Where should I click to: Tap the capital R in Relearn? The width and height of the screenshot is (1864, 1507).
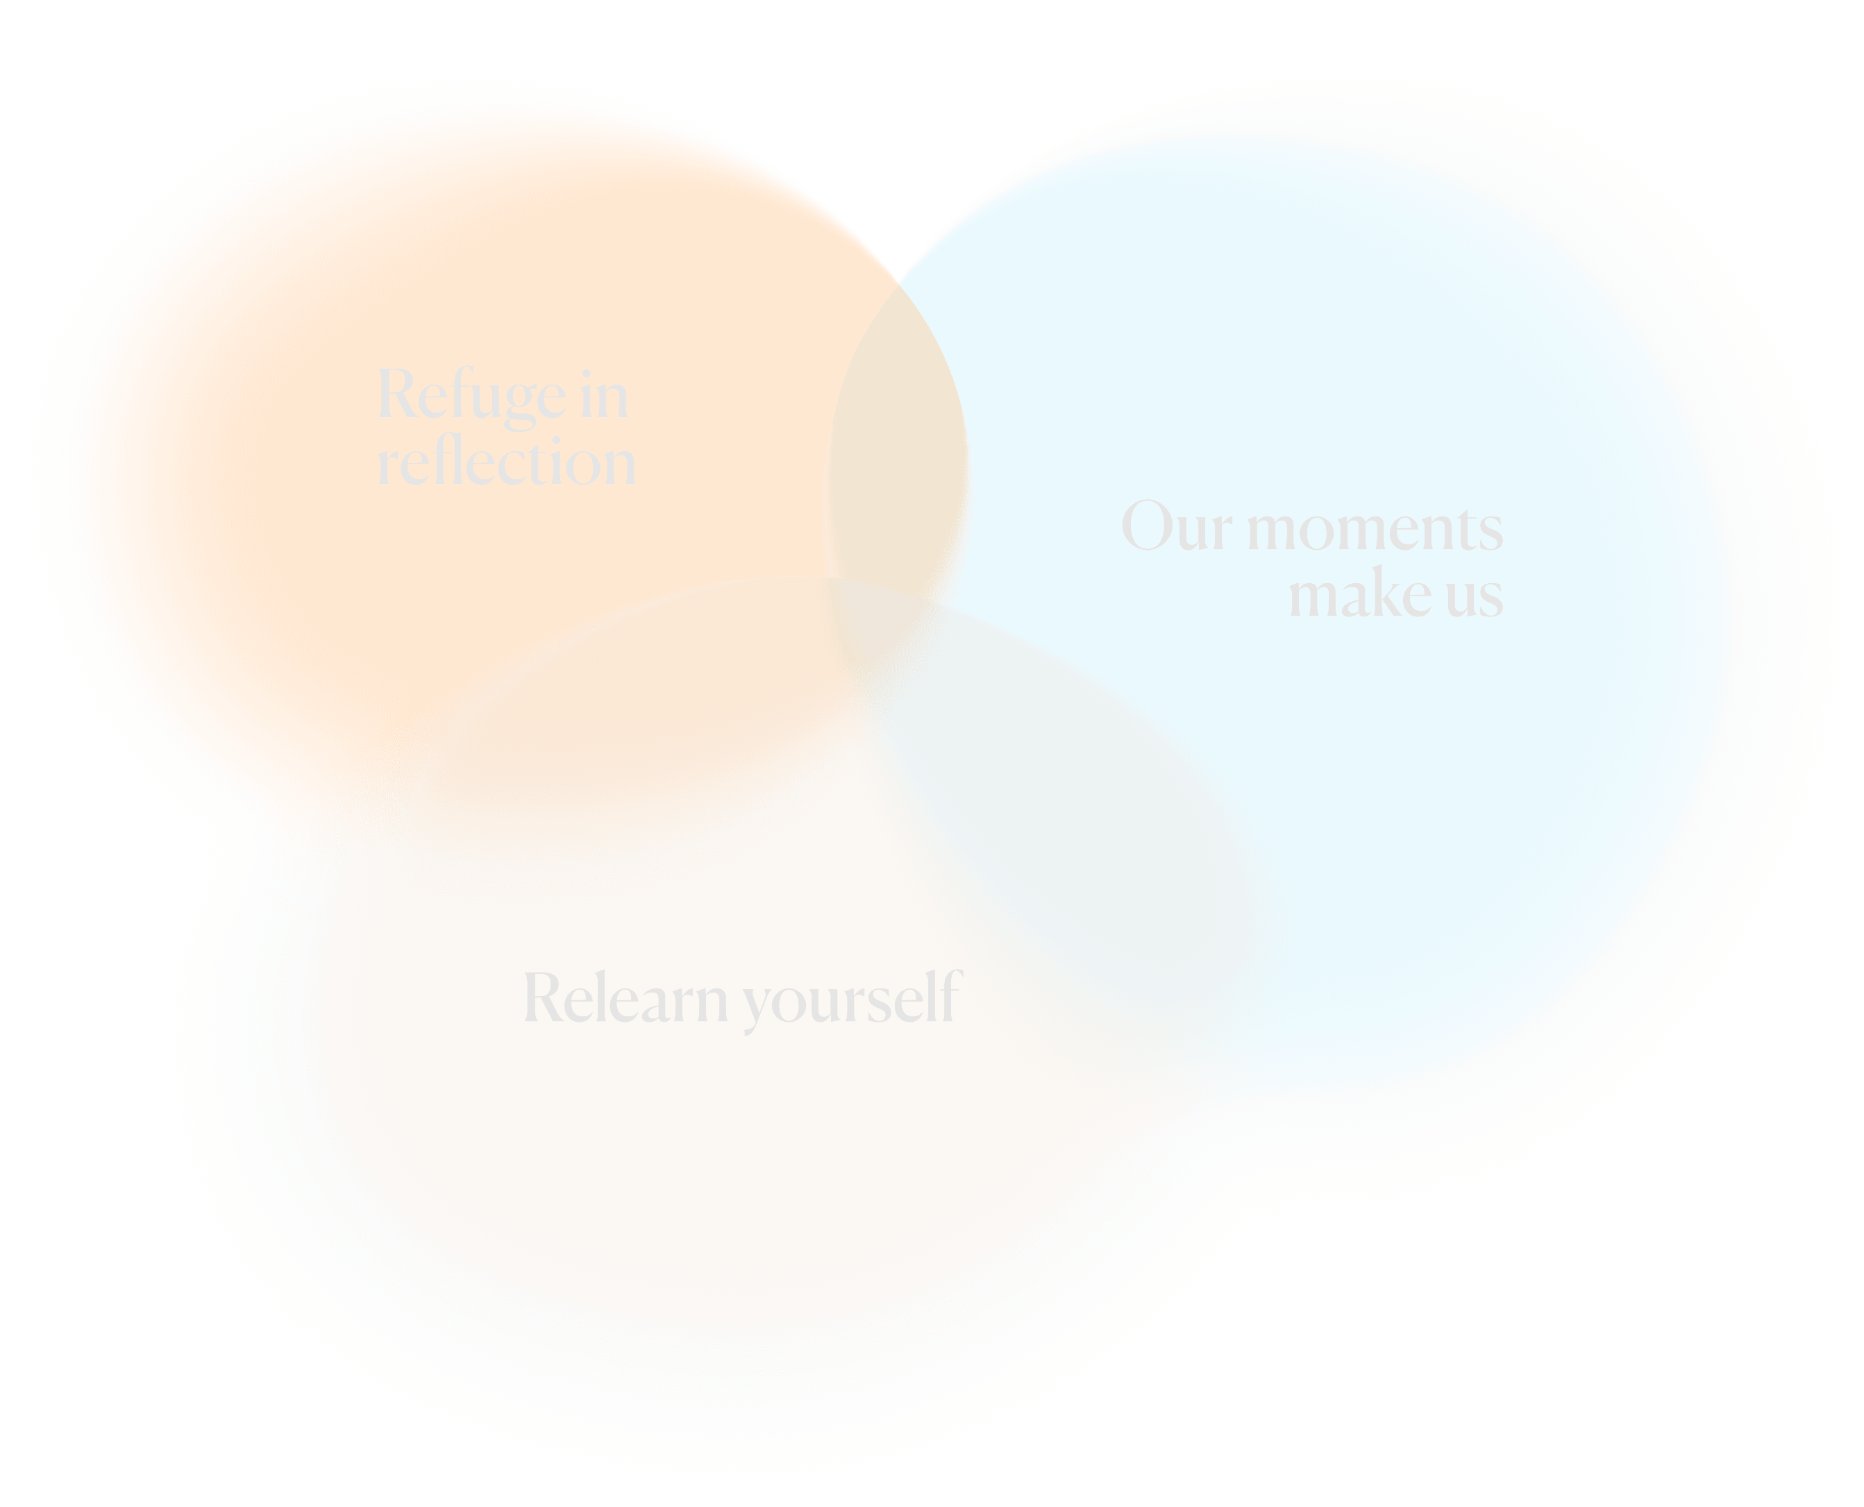click(x=544, y=997)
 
